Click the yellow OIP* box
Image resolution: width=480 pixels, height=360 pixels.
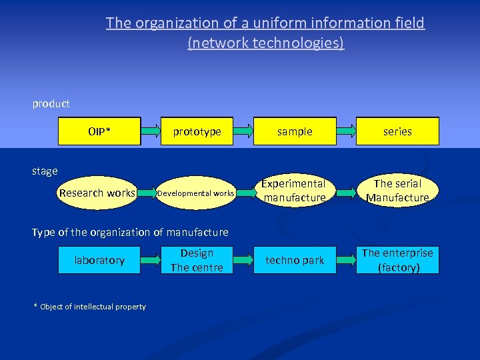(x=99, y=131)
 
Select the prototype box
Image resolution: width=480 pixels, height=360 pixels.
(x=197, y=131)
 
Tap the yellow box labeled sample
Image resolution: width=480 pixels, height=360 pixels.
(x=295, y=131)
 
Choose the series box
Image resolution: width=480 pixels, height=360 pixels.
(x=397, y=131)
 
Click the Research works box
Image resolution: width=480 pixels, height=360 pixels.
(x=97, y=193)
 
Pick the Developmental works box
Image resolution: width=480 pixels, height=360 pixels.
(x=195, y=193)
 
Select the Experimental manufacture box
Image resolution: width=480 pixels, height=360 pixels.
(x=294, y=191)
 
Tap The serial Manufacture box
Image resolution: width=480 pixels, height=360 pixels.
(x=397, y=191)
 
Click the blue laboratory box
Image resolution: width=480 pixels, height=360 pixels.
(x=99, y=260)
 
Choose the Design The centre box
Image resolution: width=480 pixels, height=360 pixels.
(x=197, y=260)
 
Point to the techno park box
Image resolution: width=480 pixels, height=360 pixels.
(x=295, y=260)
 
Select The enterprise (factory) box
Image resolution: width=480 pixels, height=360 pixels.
(x=397, y=260)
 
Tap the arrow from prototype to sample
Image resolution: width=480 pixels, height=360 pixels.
(x=245, y=131)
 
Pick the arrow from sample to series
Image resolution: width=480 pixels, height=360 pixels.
(x=345, y=131)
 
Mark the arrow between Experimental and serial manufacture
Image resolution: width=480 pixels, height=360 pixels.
(x=345, y=193)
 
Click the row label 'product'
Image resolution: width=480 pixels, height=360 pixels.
(x=51, y=104)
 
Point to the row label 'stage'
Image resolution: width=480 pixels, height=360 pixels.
(x=45, y=171)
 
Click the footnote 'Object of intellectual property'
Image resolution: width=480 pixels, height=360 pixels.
(x=93, y=307)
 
